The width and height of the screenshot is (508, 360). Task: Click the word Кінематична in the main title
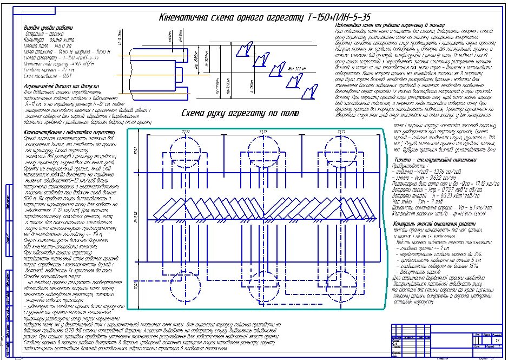190,17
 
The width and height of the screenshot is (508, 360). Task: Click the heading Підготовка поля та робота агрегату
381,25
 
